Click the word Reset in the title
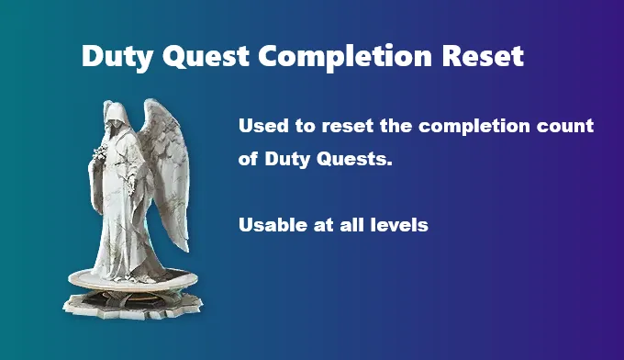(x=482, y=57)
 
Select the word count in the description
(x=570, y=127)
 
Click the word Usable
(x=272, y=225)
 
